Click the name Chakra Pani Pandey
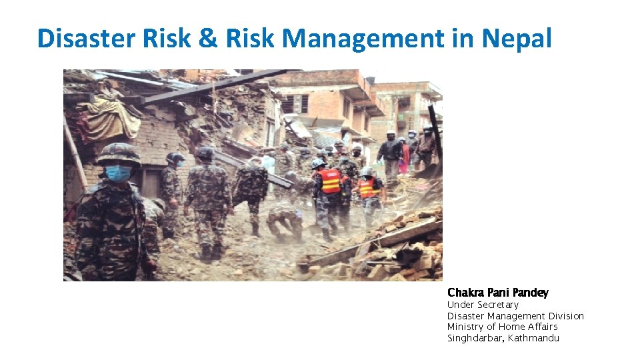click(498, 293)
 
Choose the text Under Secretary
click(483, 305)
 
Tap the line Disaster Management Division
click(515, 316)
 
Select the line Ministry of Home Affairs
click(502, 327)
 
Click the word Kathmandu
click(533, 338)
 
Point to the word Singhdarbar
click(475, 338)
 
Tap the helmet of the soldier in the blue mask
click(119, 154)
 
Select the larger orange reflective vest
click(329, 181)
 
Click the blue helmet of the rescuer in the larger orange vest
click(319, 163)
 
